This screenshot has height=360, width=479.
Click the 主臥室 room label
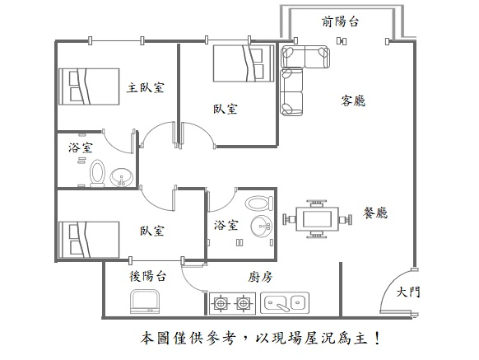point(146,88)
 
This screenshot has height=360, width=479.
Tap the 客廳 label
point(353,101)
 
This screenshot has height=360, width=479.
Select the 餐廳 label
point(375,213)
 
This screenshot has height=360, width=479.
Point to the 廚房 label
point(259,277)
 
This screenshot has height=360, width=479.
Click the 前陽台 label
point(340,21)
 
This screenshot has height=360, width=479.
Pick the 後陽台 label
point(148,276)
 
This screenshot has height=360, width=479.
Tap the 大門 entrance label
point(408,292)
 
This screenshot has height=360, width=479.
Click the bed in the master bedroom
point(89,86)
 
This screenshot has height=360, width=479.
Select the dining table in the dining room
point(318,218)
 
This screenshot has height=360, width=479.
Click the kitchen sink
point(285,303)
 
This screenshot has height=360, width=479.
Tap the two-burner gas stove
point(232,303)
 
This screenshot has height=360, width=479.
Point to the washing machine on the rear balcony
point(145,302)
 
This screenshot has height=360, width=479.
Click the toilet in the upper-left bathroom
point(97,173)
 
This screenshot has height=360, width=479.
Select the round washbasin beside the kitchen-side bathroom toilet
point(261,227)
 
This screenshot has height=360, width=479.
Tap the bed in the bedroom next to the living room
point(244,63)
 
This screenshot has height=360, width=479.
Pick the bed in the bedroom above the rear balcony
point(89,240)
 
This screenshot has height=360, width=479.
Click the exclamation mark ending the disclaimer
point(378,339)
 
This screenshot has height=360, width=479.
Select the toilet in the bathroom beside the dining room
point(259,203)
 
